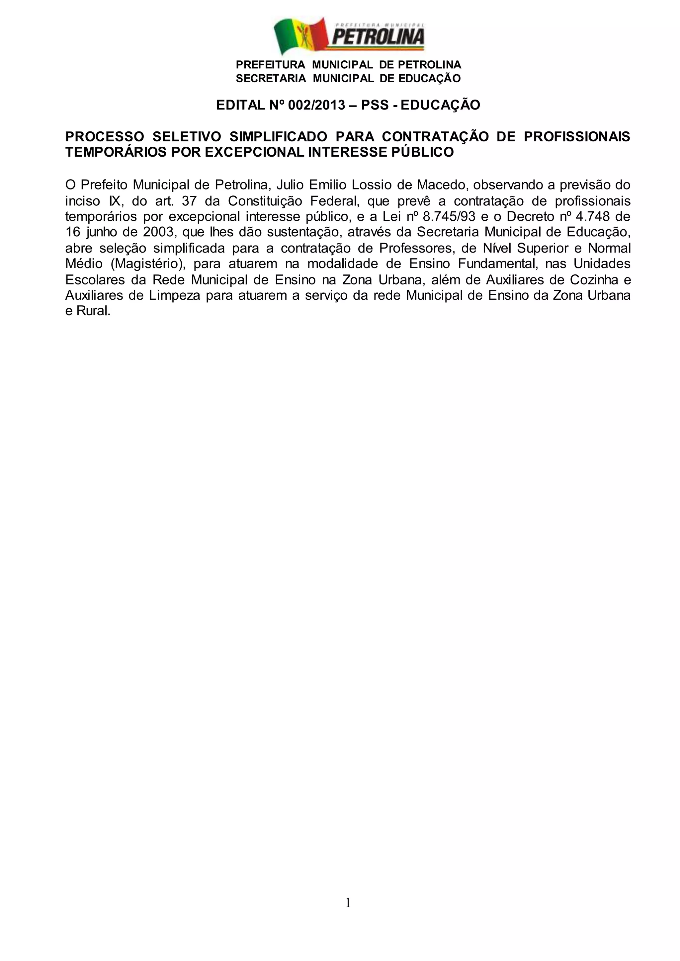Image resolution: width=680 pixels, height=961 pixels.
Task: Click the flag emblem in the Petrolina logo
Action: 300,37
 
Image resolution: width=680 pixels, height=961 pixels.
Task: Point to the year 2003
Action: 155,233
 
